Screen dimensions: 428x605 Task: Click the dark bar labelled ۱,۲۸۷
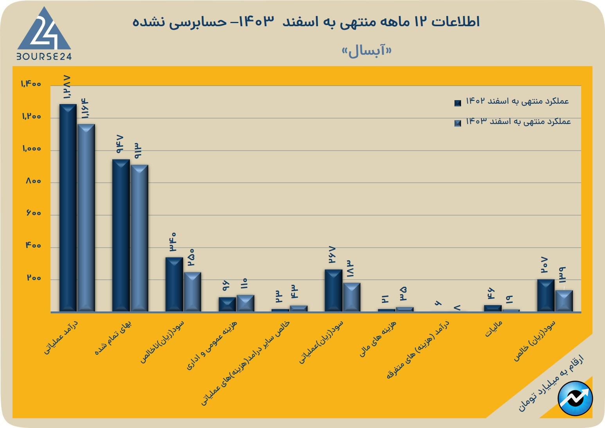coord(68,207)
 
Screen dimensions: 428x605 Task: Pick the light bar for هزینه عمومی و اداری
coord(245,303)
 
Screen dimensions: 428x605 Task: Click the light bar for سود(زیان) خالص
coord(564,301)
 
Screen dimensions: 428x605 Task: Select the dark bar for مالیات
coord(492,308)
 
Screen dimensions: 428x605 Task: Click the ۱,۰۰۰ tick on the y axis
coord(32,149)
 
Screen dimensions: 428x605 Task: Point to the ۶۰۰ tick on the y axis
coord(34,214)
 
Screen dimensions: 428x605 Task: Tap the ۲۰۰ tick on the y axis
coord(34,278)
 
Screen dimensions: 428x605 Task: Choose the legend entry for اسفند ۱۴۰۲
coord(512,102)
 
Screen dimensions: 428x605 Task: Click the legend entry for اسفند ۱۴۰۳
coord(513,122)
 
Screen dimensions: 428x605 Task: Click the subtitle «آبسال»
coord(366,51)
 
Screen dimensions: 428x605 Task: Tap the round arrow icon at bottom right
coord(575,398)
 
